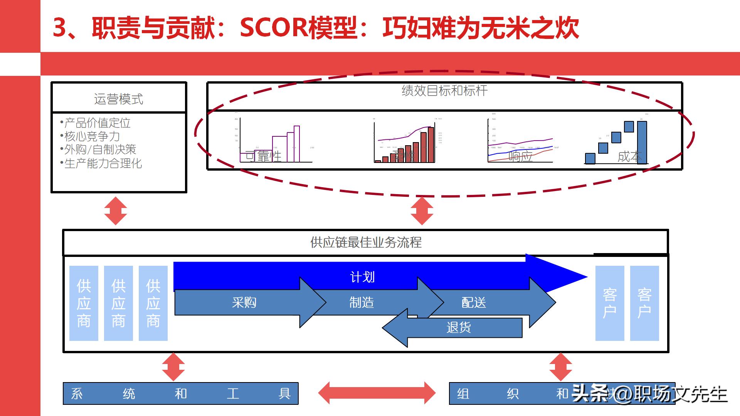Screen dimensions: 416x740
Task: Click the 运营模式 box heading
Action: [x=119, y=99]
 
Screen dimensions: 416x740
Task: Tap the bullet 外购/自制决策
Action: [x=100, y=149]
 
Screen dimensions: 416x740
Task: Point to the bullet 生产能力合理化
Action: [x=103, y=163]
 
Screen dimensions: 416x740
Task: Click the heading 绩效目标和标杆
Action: [x=444, y=91]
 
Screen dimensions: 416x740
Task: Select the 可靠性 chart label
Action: [x=264, y=156]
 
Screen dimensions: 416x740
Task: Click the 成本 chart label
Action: [x=629, y=156]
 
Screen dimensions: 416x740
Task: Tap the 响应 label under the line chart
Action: [x=520, y=156]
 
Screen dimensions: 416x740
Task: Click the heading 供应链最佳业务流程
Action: [x=366, y=242]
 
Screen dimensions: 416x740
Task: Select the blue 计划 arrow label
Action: [x=362, y=277]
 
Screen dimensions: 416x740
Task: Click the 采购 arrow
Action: [x=244, y=302]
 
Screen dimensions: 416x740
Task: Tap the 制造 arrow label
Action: [x=362, y=302]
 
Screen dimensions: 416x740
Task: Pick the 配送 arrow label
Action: [x=474, y=302]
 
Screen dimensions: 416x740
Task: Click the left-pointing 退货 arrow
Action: [x=458, y=328]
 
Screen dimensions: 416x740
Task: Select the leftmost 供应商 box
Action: [x=84, y=303]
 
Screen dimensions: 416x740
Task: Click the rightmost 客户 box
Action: [x=644, y=303]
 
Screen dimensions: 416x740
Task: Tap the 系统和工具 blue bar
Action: [x=180, y=393]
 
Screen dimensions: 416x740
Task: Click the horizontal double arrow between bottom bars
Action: [x=377, y=393]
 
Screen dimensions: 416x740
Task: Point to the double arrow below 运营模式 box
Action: [x=116, y=211]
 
